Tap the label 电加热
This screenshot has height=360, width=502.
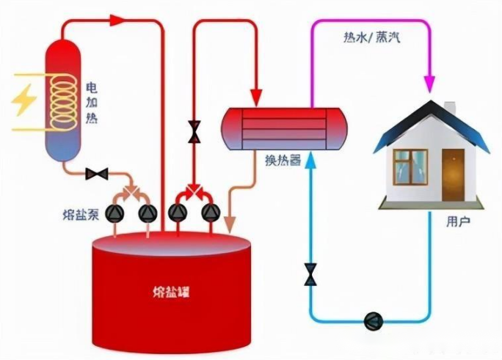91,102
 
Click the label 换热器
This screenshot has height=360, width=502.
282,159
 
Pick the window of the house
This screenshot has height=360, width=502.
410,166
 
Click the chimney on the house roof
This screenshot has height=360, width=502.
450,109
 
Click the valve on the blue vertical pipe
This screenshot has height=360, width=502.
311,276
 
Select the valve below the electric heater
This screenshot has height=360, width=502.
97,174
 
